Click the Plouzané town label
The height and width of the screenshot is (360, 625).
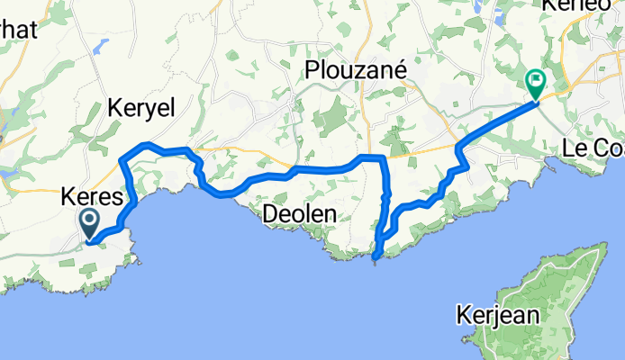pos(358,70)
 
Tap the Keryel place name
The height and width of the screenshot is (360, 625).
pos(140,107)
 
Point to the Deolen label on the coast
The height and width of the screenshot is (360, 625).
pos(299,214)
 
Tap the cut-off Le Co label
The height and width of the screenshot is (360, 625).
pos(592,148)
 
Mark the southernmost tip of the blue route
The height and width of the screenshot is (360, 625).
pos(375,259)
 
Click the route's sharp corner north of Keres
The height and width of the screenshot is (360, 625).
pos(122,160)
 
